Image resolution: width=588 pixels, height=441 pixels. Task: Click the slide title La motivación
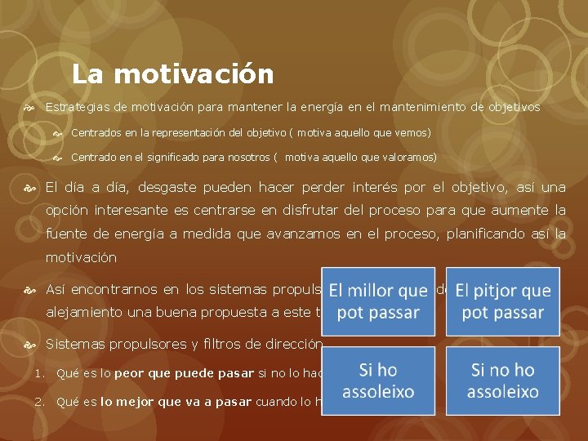point(172,74)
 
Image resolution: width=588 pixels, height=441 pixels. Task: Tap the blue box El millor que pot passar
point(378,301)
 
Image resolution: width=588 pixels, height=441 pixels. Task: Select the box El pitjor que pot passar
point(503,301)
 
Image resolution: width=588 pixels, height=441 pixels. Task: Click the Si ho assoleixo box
point(378,381)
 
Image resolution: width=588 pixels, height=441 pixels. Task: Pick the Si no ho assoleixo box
point(503,381)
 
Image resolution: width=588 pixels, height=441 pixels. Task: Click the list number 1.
point(38,373)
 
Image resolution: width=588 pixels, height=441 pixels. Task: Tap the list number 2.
point(38,401)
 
